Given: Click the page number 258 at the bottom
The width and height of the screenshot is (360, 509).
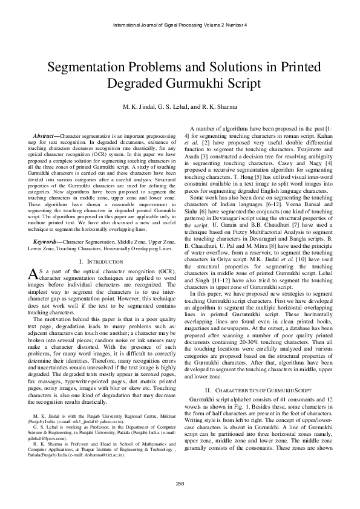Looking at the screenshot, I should pyautogui.click(x=180, y=482).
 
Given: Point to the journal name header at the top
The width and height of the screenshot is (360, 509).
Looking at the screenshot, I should pyautogui.click(x=180, y=25).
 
